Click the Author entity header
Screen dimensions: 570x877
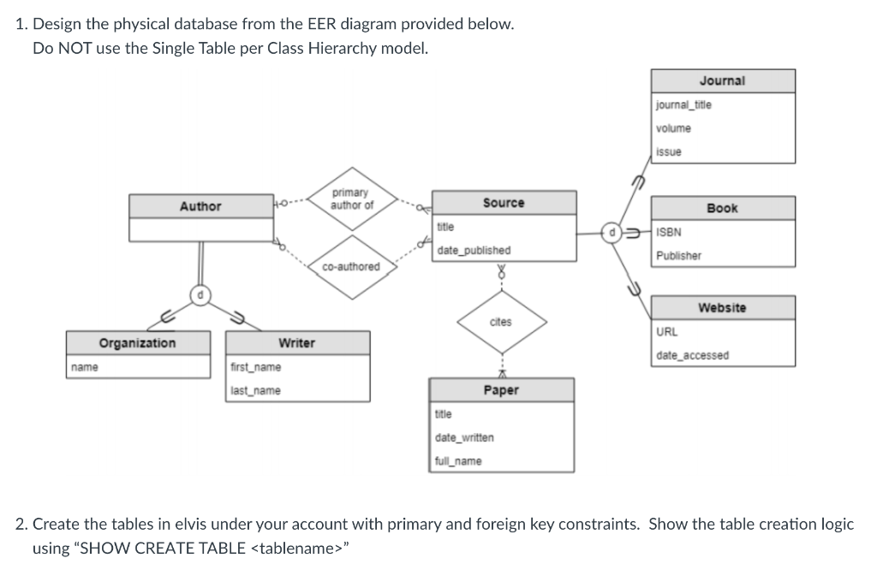click(200, 206)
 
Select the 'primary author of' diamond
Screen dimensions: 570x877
click(351, 199)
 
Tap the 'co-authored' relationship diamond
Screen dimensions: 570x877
click(351, 267)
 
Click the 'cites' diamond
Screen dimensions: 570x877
click(500, 323)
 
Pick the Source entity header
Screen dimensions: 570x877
click(503, 203)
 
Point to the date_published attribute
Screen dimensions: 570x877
click(474, 251)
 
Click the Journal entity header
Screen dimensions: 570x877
click(722, 80)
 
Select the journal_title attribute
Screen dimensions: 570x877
click(683, 104)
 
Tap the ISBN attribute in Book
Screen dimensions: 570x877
click(669, 232)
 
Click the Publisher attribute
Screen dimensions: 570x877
click(678, 256)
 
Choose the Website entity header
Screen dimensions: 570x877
click(722, 307)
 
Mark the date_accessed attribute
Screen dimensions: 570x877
click(693, 355)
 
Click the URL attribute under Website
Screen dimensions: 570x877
click(667, 331)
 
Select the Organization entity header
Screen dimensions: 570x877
click(137, 343)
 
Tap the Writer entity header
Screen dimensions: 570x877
click(296, 343)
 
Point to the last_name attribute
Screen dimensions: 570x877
click(255, 391)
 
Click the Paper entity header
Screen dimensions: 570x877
click(501, 390)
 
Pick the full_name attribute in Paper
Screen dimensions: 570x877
click(458, 461)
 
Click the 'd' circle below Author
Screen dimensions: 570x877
click(200, 296)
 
